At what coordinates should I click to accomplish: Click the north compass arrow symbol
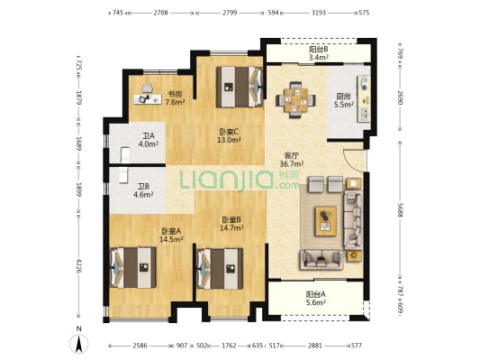[x=79, y=344]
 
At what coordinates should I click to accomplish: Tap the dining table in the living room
[x=295, y=99]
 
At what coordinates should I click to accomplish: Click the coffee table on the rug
[x=326, y=221]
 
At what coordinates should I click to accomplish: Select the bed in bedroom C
[x=240, y=87]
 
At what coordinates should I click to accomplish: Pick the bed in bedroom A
[x=133, y=267]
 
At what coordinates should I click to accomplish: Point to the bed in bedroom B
[x=220, y=269]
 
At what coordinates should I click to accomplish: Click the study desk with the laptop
[x=148, y=98]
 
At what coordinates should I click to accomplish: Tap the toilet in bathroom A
[x=125, y=155]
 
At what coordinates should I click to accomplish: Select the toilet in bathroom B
[x=122, y=175]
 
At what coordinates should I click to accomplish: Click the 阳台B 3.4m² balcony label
[x=319, y=53]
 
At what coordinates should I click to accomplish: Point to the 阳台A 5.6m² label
[x=315, y=299]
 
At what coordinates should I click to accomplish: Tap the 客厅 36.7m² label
[x=292, y=160]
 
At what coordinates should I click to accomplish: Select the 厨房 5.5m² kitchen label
[x=344, y=100]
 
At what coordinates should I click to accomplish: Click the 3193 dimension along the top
[x=319, y=13]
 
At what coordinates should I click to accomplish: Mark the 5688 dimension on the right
[x=400, y=209]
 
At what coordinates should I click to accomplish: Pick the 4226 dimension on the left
[x=79, y=265]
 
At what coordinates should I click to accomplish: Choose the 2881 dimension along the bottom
[x=315, y=346]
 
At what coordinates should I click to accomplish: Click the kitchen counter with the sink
[x=364, y=98]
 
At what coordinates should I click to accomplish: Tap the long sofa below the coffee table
[x=322, y=260]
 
